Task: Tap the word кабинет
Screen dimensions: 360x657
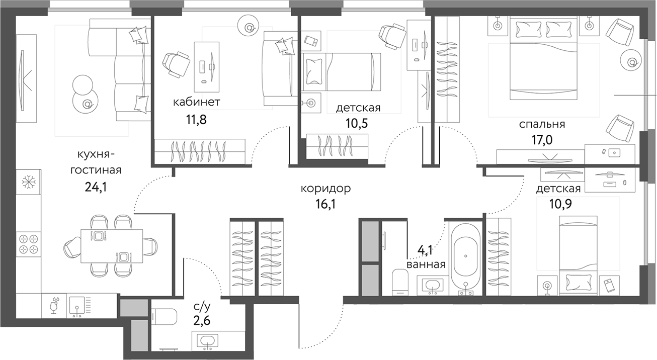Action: click(196, 103)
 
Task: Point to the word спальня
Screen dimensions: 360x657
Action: click(542, 124)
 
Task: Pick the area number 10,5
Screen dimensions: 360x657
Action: click(358, 124)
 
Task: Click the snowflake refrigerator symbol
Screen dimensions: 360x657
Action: click(28, 182)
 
